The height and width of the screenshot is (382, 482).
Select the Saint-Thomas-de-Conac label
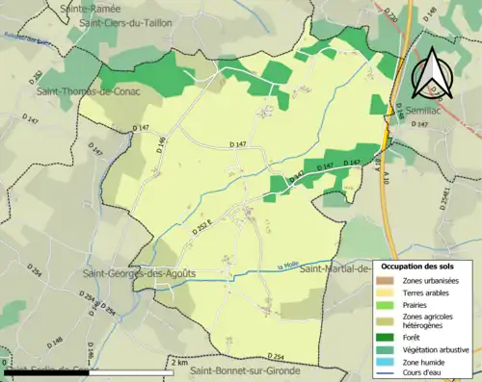pyautogui.click(x=85, y=91)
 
